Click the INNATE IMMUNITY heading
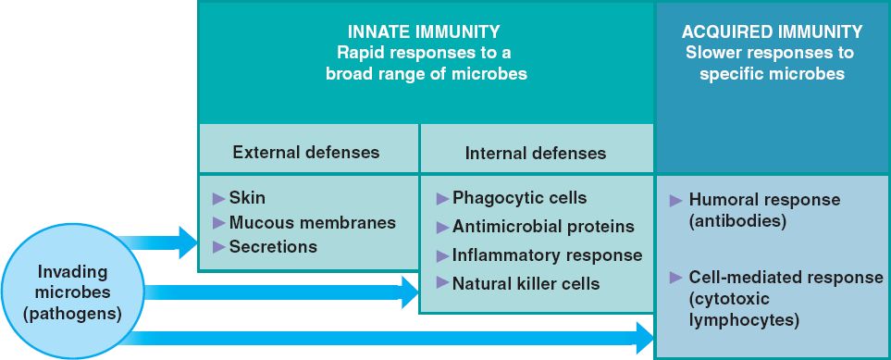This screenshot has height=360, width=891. (x=424, y=31)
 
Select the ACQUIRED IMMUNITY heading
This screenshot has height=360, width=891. (x=772, y=31)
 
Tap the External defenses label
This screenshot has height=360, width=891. (x=305, y=153)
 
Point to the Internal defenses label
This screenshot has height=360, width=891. (x=536, y=154)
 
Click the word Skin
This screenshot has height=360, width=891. (x=247, y=198)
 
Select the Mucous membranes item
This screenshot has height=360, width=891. (x=312, y=222)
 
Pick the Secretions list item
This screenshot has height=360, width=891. (x=273, y=247)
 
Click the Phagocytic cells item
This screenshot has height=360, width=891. (x=519, y=198)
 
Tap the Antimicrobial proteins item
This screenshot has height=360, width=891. (x=543, y=227)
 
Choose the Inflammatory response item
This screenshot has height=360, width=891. (x=547, y=255)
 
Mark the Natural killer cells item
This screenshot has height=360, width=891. (x=526, y=283)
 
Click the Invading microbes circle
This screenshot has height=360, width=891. (x=72, y=292)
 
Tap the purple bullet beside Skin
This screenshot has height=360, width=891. (x=218, y=198)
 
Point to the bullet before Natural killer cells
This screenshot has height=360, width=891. (x=442, y=282)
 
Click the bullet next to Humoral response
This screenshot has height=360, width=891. (x=675, y=200)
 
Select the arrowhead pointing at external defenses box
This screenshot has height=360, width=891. (x=188, y=242)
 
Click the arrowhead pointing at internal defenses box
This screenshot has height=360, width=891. (x=410, y=292)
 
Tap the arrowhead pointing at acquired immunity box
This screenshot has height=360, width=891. (x=646, y=338)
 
